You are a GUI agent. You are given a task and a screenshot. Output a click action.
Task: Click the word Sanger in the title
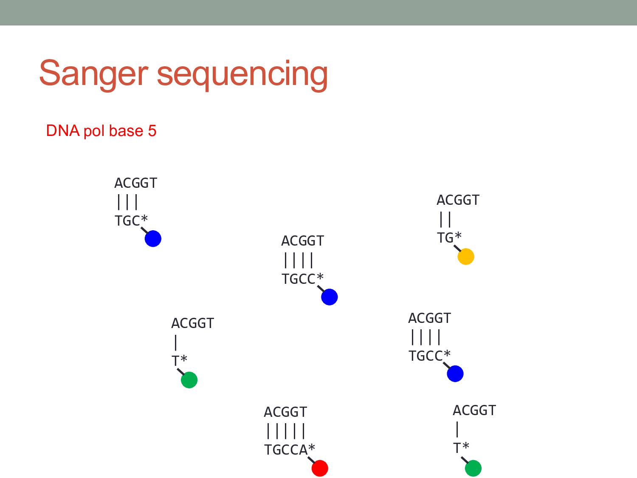93,74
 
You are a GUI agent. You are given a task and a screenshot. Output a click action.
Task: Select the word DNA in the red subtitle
63,131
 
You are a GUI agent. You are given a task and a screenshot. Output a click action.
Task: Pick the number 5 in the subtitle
152,131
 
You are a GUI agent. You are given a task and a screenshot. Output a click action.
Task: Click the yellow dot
465,257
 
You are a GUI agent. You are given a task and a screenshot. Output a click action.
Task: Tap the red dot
320,468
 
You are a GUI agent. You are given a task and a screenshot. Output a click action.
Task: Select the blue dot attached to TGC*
153,239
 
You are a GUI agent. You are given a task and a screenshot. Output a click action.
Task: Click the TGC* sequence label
131,221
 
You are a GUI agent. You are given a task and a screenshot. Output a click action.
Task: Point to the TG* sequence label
449,238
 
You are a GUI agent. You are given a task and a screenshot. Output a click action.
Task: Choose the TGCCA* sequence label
289,450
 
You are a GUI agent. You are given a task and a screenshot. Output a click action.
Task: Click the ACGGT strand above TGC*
135,183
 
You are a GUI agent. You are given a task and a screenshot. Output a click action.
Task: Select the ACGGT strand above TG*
458,200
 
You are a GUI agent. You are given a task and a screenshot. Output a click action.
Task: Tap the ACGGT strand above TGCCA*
285,412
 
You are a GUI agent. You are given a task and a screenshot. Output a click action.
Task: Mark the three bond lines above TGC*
127,202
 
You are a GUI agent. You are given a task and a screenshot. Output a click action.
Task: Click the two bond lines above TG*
445,219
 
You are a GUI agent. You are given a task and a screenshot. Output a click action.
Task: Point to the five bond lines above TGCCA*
286,431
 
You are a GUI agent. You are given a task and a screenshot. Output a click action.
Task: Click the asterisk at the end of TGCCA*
312,448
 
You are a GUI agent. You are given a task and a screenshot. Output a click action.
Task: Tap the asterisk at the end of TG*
458,236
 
